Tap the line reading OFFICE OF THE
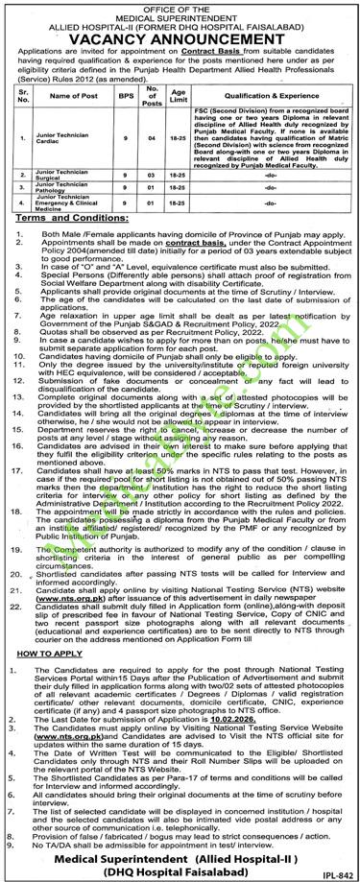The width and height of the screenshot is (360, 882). (x=180, y=6)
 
